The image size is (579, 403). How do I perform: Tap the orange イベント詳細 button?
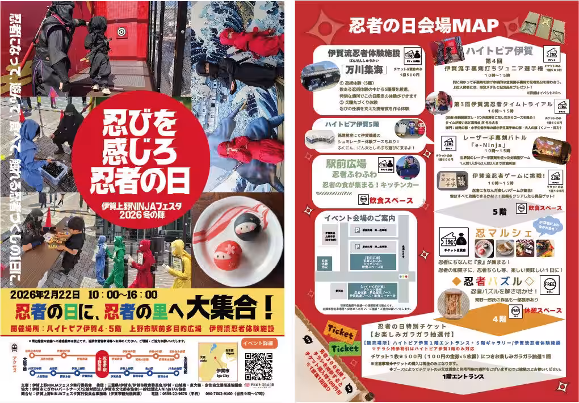pyautogui.click(x=261, y=343)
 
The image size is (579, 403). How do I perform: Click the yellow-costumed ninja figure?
pyautogui.click(x=179, y=263)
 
